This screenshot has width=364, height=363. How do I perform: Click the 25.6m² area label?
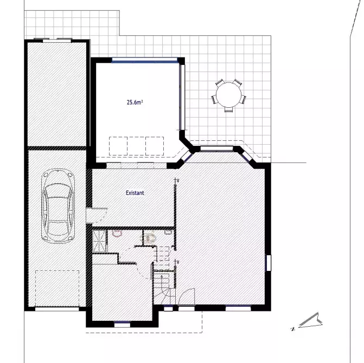(135, 101)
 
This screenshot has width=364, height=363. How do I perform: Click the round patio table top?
(227, 96)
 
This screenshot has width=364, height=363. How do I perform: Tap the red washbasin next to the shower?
(116, 234)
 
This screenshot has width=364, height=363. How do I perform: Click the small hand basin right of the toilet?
(168, 232)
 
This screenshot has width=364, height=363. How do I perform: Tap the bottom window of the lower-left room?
(122, 325)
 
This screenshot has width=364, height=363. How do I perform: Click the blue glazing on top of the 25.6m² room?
(145, 61)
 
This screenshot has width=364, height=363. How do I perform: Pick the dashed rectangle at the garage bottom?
(58, 288)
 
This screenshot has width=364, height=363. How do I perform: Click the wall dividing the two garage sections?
(57, 147)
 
